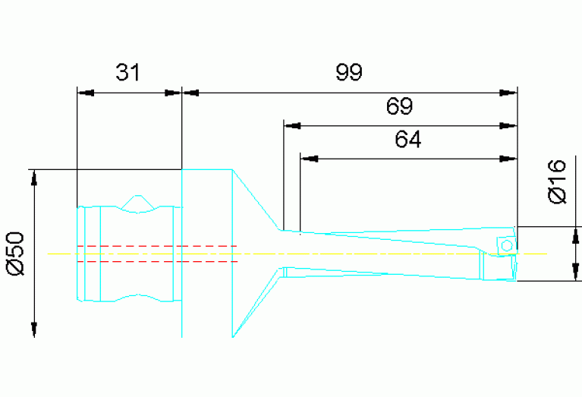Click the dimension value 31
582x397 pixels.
[x=128, y=73]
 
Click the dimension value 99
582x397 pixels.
[x=350, y=73]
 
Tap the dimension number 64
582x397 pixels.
[x=408, y=140]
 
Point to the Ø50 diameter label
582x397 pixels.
[x=17, y=254]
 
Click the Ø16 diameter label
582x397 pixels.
[x=558, y=181]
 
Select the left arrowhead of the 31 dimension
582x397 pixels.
[x=85, y=93]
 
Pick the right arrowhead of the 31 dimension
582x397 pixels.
[x=174, y=93]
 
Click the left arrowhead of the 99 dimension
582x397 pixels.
[x=190, y=93]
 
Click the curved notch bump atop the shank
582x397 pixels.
[x=137, y=202]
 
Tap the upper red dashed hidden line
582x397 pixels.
[x=156, y=246]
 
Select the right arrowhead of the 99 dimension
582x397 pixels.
[x=508, y=93]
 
